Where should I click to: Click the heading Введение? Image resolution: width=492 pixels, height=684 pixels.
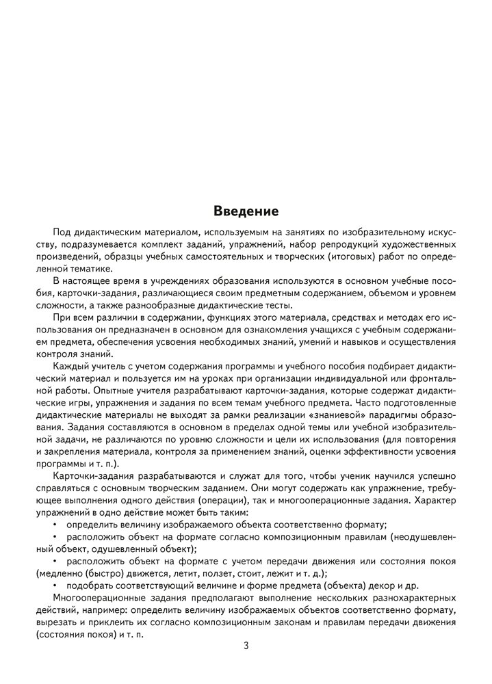click(246, 211)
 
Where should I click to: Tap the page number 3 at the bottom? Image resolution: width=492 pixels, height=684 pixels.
click(246, 647)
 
